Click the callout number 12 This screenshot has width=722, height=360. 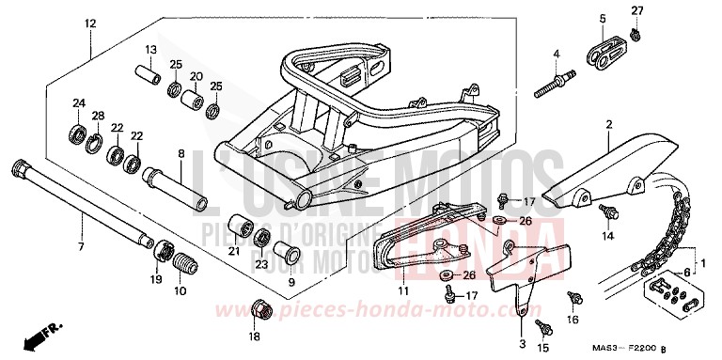[89, 22]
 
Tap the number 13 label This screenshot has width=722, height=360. [150, 49]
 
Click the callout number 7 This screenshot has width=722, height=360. [81, 247]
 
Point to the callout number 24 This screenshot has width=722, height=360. [79, 102]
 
